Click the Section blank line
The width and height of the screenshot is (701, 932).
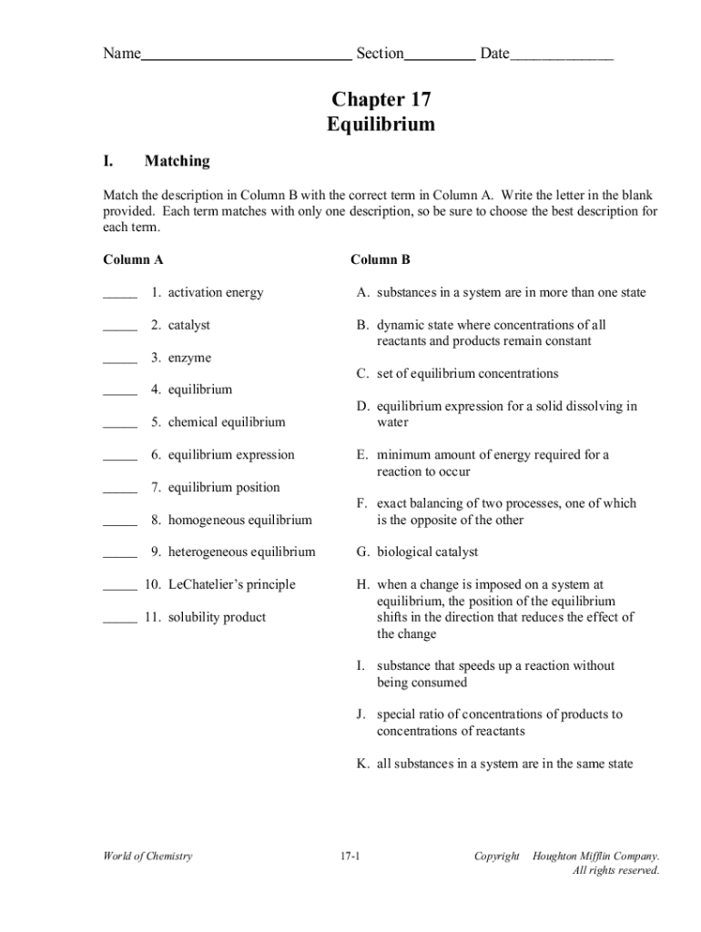[439, 56]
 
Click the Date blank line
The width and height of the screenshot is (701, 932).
[562, 56]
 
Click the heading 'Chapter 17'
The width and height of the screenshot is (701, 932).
[381, 99]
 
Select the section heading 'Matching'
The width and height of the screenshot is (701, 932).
[177, 161]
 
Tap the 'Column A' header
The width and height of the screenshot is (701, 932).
[133, 259]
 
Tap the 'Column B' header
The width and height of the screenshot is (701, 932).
[381, 259]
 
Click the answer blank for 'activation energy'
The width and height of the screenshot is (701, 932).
[119, 295]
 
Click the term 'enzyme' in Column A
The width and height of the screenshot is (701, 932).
[189, 358]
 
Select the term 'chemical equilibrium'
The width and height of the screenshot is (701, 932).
[226, 422]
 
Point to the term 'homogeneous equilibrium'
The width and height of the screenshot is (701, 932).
[239, 520]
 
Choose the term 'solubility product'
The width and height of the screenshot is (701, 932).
[217, 617]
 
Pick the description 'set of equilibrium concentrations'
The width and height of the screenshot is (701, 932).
[467, 373]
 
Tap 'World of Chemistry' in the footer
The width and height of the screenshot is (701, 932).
[147, 856]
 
